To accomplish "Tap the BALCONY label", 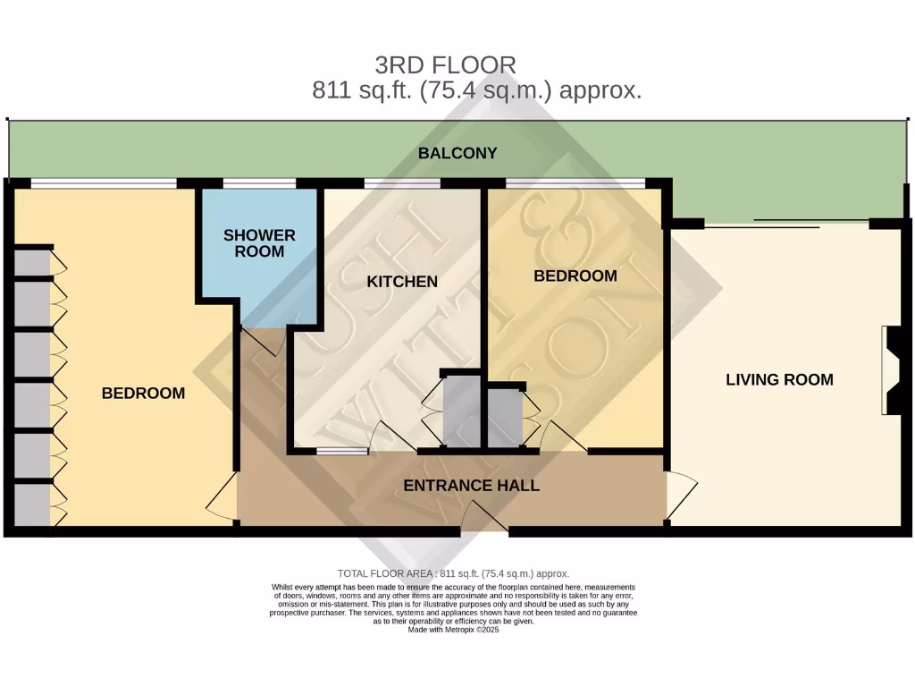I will (x=457, y=153).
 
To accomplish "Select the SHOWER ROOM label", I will (x=259, y=243).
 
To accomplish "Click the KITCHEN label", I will (x=402, y=282).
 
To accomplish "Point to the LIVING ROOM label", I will (x=779, y=379).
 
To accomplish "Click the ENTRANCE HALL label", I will (x=472, y=486).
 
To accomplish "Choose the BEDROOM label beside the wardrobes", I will (x=143, y=393).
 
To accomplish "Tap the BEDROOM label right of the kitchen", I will (x=575, y=276).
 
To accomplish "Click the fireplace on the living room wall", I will (x=892, y=370).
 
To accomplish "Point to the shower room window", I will (x=259, y=184).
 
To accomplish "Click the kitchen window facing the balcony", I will (x=402, y=184).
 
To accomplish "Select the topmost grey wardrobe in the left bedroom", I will (x=32, y=263).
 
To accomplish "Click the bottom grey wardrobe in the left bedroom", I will (x=32, y=505).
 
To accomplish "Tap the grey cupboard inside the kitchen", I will (x=462, y=410).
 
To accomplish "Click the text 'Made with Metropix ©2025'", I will (x=453, y=630).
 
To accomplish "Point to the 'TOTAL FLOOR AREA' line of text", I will (x=453, y=573).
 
